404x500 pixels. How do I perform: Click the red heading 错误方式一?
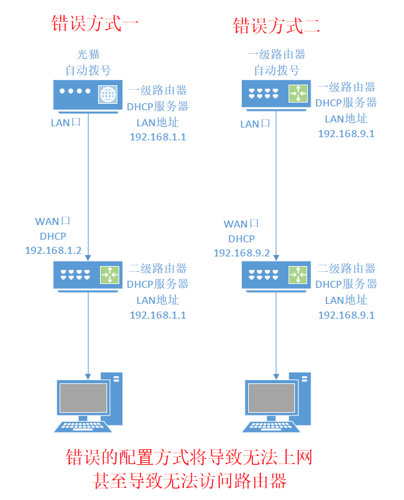coord(95,24)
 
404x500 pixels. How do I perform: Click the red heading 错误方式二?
coord(276,26)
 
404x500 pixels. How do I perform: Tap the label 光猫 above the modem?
coord(88,55)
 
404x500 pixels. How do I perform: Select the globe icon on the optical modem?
coord(107,94)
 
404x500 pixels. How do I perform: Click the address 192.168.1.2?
coord(53,250)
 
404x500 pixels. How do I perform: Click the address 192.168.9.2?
coord(242,253)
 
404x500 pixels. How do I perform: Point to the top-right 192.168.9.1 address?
coord(346,133)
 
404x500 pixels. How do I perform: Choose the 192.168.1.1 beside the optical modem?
coord(158,137)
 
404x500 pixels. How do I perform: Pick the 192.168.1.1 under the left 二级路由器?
coord(158,315)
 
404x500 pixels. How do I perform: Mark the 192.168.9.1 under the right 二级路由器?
coord(346,315)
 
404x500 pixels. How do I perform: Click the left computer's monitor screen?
coord(83,397)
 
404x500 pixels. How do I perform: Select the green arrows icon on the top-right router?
coord(296,94)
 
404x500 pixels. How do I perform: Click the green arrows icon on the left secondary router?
coord(108,274)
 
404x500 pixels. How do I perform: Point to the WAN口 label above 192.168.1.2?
coord(53,221)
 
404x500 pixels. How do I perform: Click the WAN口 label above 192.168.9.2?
coord(241,224)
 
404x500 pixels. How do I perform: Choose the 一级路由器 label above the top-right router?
coord(276,55)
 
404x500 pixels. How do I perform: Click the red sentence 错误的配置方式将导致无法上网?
coord(189,457)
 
